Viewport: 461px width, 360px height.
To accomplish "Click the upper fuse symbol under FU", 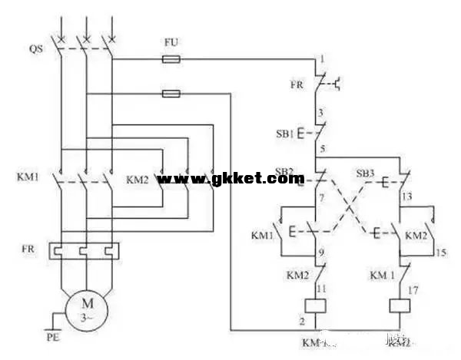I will (171, 58).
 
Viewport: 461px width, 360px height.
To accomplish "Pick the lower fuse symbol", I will (171, 94).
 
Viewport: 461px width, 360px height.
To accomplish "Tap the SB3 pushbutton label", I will (364, 173).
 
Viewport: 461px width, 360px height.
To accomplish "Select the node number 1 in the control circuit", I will (323, 59).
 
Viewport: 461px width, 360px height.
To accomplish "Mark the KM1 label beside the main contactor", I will (26, 178).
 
